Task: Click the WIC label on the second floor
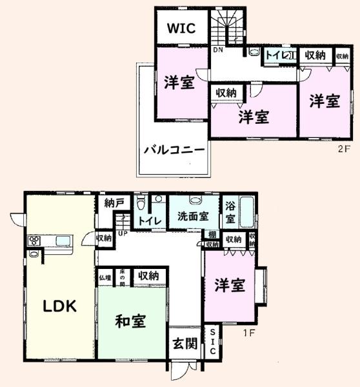point(181,28)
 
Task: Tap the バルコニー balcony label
point(174,150)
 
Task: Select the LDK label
point(60,306)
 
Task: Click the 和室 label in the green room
point(130,321)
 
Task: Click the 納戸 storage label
point(114,203)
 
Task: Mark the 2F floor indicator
point(342,147)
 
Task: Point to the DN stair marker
point(217,50)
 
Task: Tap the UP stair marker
point(121,233)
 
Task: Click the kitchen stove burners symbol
point(34,241)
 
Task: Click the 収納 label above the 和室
point(148,276)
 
